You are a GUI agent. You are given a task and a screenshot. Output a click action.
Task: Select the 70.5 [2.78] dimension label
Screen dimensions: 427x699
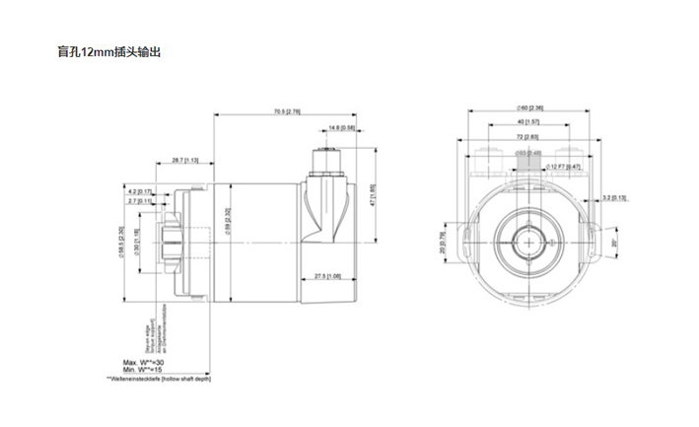288,111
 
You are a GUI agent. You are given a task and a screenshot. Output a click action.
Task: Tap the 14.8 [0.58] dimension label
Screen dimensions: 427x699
341,128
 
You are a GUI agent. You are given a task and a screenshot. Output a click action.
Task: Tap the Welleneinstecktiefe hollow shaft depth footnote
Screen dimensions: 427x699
159,378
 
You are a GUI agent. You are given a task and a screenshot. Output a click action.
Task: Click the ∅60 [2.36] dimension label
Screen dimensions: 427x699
530,108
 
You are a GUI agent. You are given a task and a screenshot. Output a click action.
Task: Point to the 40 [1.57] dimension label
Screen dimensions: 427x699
531,122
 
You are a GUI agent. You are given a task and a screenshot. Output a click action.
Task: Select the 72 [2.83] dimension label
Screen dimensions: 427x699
530,137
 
